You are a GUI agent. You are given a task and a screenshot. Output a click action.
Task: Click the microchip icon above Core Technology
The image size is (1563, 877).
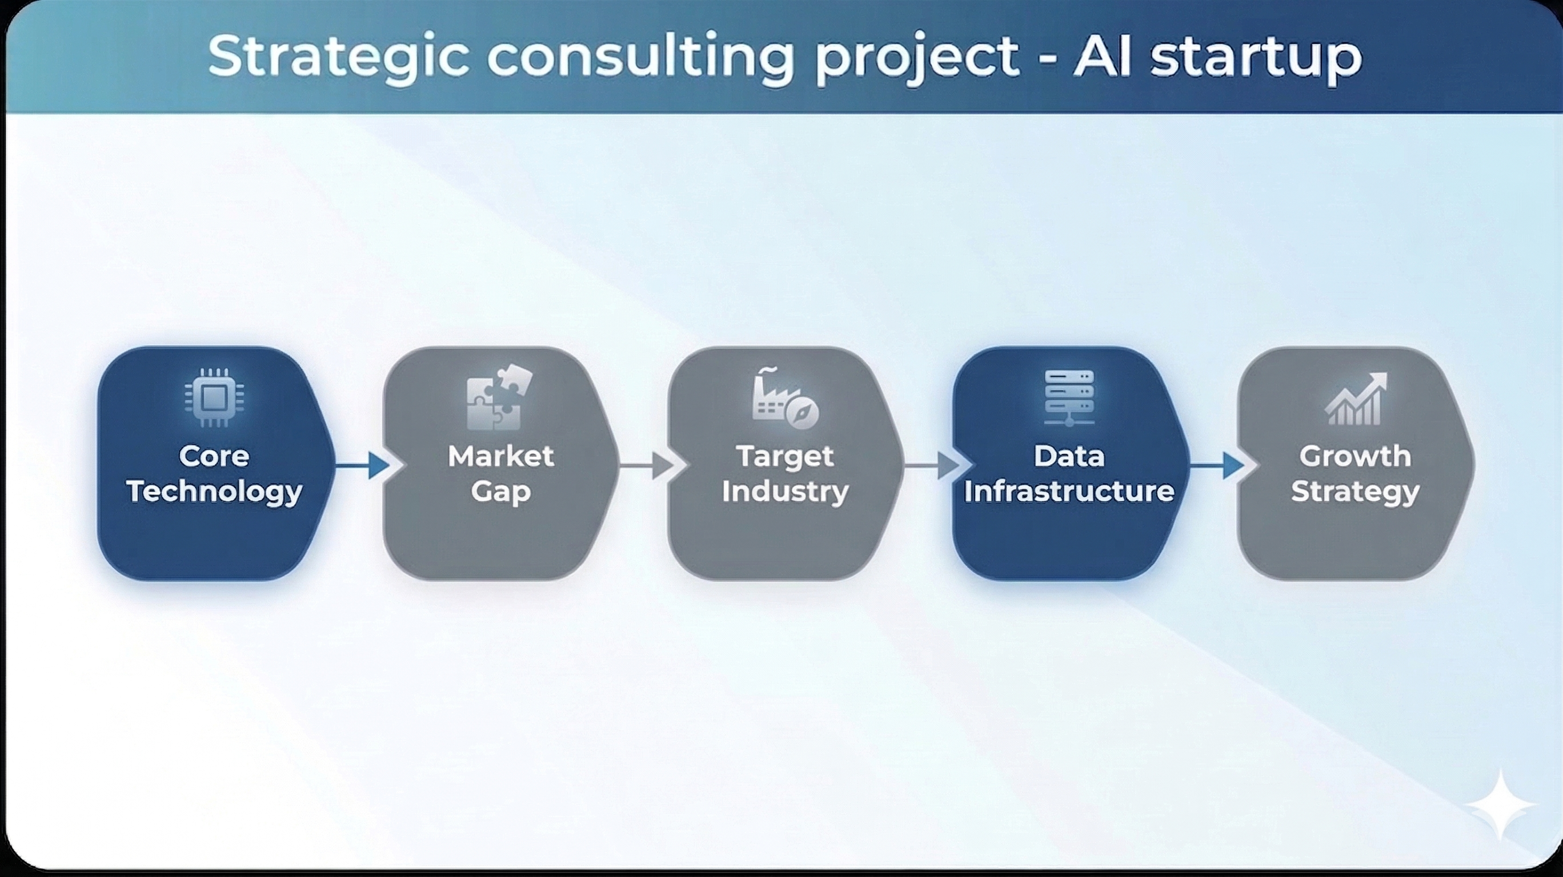coord(214,398)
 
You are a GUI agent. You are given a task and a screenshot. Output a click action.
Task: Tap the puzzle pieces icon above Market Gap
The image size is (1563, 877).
coord(499,397)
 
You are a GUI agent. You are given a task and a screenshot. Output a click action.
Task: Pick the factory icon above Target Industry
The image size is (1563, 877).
coord(784,398)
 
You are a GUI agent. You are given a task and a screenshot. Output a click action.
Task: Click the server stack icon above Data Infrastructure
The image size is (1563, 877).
coord(1069,397)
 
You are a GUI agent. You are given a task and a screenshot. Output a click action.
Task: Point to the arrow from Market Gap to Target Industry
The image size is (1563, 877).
coord(647,466)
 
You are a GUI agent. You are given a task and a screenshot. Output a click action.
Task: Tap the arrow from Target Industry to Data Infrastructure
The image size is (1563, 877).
coord(932,466)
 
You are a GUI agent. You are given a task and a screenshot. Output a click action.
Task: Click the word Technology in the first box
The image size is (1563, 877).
coord(214,491)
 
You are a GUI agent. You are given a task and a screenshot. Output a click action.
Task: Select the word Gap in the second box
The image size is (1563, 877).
coord(500,491)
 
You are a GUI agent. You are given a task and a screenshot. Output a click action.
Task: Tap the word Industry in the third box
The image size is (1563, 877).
coord(785,491)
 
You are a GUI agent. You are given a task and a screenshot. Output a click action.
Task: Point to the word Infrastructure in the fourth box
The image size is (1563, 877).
coord(1069,491)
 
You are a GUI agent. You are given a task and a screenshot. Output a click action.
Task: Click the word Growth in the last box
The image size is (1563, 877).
coord(1355,456)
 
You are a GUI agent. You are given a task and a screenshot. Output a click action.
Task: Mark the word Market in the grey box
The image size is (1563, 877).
coord(500,456)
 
